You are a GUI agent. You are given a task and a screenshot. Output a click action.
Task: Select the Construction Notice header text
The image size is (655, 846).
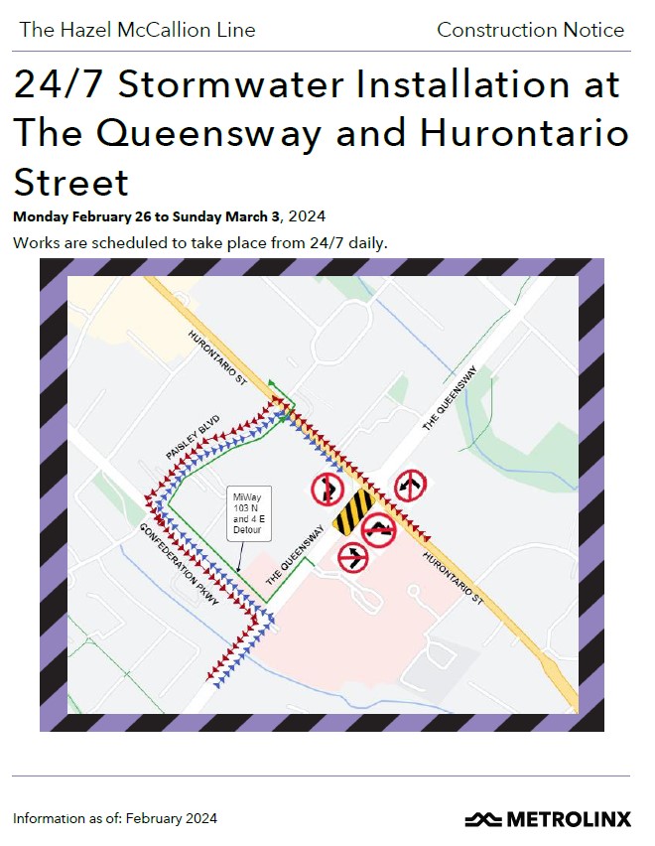coord(530,30)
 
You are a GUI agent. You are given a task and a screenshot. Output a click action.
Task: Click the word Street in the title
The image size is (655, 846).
coord(71,182)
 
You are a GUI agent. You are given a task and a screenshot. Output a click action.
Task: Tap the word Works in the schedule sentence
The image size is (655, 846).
coord(35,242)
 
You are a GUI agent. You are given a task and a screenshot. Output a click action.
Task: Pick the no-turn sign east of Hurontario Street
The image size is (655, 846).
coord(409,487)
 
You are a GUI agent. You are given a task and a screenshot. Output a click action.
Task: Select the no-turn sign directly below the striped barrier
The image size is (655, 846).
coord(352,557)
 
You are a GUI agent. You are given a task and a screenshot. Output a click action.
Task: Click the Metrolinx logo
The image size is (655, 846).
coord(547,819)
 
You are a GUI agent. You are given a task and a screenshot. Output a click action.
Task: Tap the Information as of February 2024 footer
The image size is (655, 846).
coord(114,819)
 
